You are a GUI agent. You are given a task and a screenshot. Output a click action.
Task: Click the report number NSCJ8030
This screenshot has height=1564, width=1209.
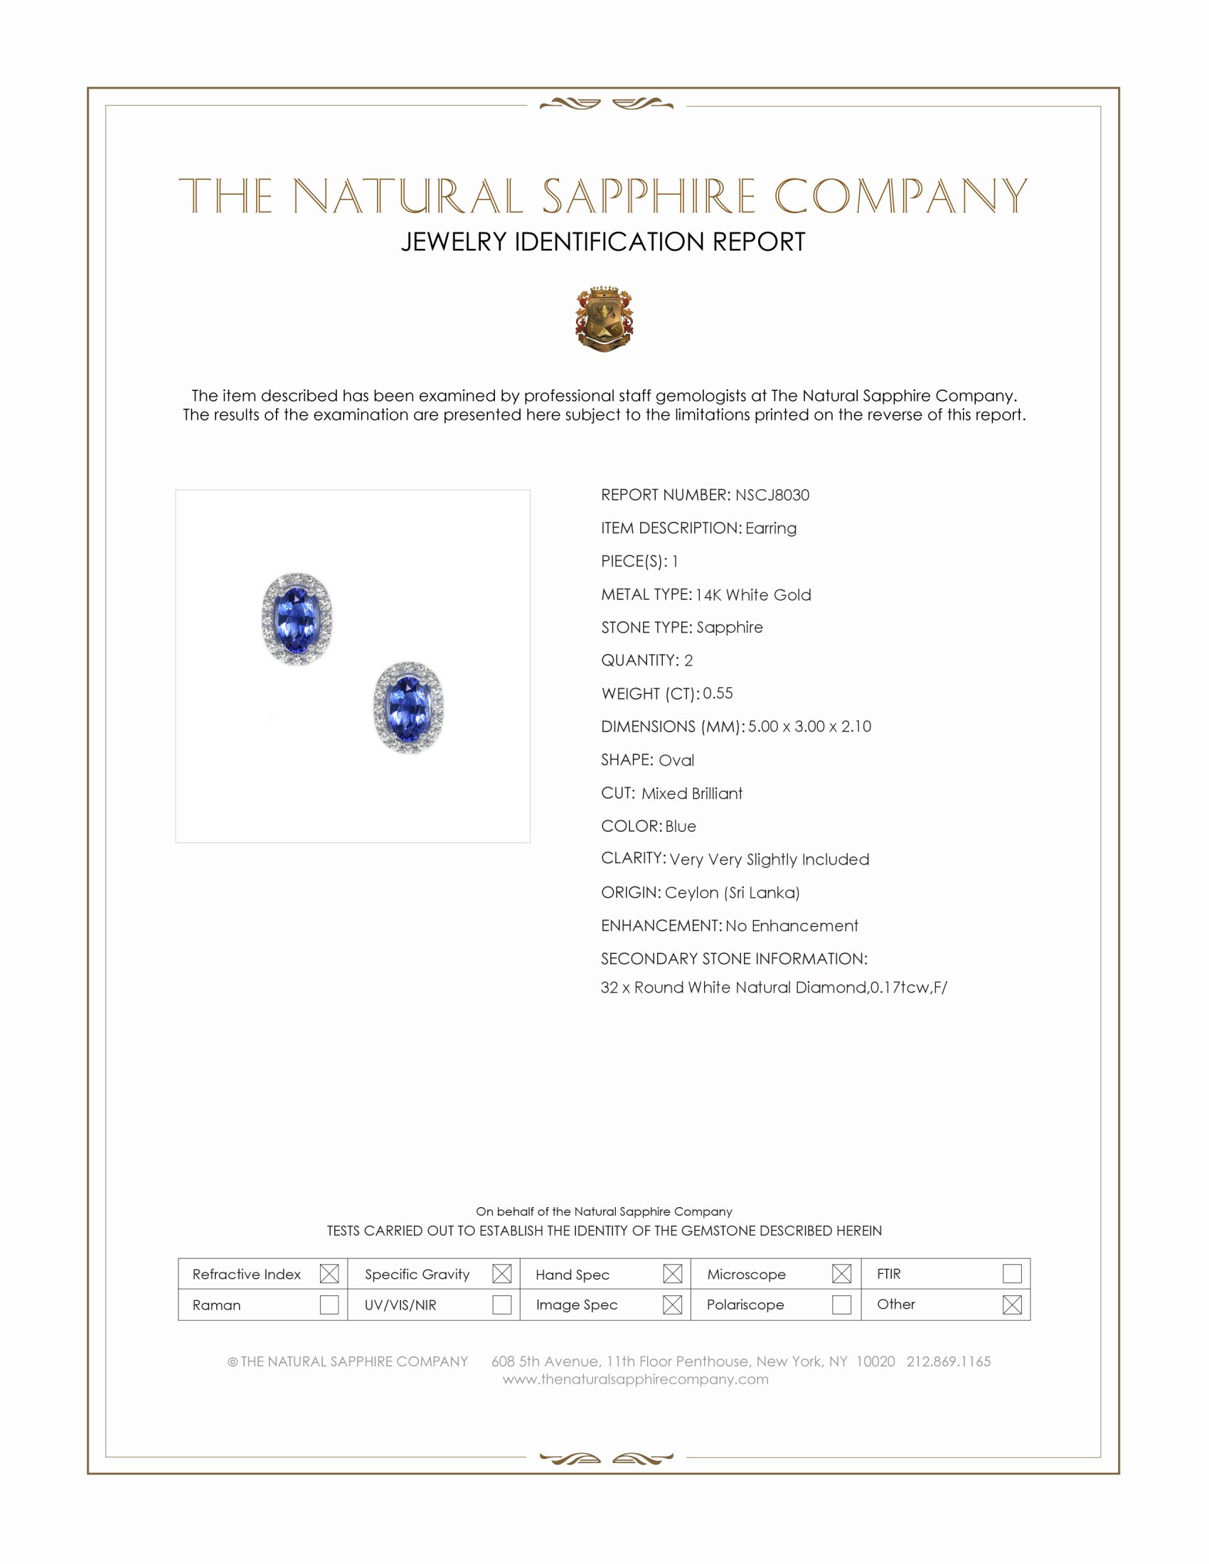point(772,495)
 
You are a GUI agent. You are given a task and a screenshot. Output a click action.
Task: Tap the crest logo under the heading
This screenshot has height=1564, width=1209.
point(604,319)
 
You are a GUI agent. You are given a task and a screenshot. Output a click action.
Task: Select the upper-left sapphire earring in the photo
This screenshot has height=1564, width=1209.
point(297,618)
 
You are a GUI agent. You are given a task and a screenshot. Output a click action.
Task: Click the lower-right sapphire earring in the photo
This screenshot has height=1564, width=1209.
point(408,707)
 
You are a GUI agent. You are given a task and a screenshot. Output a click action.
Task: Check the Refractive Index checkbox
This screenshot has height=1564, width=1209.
point(329,1273)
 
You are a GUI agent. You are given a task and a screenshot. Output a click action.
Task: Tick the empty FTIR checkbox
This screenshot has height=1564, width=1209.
point(1011,1273)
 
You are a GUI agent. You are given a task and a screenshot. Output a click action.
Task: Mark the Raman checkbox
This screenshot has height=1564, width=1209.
point(329,1304)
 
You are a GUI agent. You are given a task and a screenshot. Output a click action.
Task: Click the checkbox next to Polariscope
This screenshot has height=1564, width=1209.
point(841,1304)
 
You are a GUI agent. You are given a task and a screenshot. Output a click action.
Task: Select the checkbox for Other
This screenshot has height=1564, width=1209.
point(1011,1304)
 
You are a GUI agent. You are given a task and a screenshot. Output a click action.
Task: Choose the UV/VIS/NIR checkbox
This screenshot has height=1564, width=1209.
point(501,1304)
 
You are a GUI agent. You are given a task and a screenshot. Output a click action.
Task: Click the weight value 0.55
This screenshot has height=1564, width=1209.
point(718,693)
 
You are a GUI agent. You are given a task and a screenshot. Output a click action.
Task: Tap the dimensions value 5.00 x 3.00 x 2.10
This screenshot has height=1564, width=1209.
point(809,726)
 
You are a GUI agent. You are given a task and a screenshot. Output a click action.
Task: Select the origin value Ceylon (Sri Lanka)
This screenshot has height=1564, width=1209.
point(732,892)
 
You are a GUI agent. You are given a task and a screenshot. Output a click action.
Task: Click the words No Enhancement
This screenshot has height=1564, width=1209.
point(792,925)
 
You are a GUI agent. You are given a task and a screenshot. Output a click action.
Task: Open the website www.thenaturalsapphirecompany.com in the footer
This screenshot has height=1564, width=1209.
point(635,1379)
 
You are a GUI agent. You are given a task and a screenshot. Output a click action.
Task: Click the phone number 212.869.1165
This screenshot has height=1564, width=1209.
point(948,1361)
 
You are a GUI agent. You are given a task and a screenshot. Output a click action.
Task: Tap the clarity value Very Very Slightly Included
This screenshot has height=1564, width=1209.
point(769,859)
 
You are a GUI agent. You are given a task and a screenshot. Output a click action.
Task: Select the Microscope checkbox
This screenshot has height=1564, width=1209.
point(841,1273)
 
